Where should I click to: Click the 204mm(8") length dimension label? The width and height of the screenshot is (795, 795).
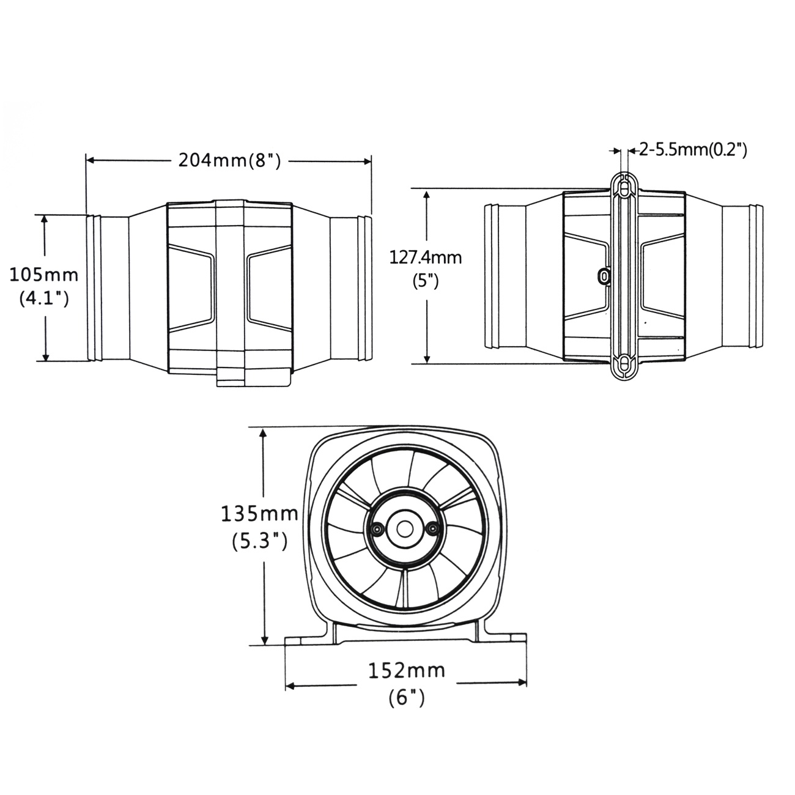[229, 160]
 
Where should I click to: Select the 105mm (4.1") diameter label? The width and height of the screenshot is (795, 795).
[44, 286]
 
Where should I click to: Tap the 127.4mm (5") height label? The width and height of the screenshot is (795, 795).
[426, 269]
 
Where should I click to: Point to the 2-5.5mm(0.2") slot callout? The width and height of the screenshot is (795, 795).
[692, 149]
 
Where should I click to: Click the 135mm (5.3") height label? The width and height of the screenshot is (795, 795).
[259, 527]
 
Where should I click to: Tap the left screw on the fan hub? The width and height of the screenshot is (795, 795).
[376, 528]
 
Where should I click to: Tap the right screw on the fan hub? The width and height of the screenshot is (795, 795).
[432, 528]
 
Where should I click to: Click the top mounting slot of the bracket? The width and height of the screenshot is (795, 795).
[623, 187]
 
